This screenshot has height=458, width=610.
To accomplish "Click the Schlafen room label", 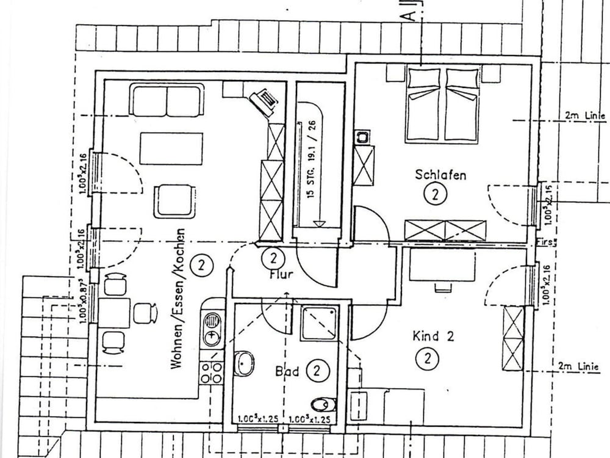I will click(440, 175).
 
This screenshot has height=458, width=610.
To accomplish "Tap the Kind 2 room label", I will click(433, 336).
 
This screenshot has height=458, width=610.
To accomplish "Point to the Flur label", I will click(281, 274).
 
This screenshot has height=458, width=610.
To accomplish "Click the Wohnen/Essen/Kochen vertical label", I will click(178, 299).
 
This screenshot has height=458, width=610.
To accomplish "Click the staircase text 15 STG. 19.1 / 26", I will click(311, 167).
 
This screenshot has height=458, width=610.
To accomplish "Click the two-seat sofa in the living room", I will click(167, 100).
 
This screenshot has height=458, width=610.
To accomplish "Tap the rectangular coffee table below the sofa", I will click(171, 148).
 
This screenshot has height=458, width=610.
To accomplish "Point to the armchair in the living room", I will click(174, 201).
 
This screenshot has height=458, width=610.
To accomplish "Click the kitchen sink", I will click(212, 329).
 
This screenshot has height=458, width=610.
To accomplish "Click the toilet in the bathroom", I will click(323, 404).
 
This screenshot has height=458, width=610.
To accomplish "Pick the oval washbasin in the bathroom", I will click(244, 363).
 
